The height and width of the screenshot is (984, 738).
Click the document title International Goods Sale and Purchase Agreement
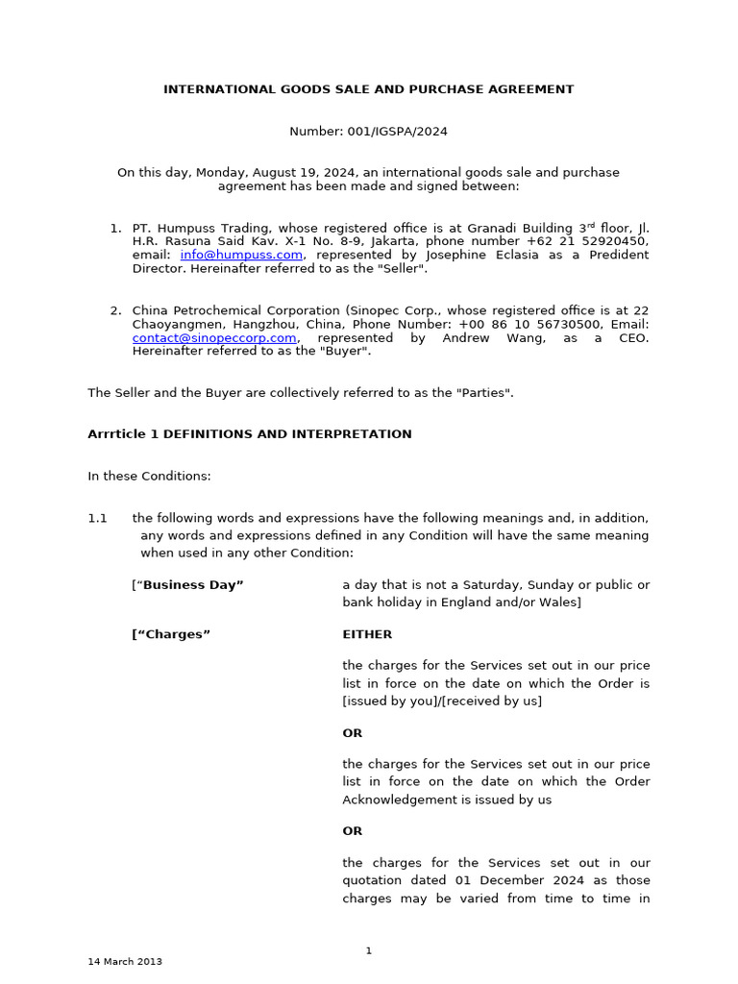coord(368,89)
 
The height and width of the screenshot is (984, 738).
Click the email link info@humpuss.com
coord(241,255)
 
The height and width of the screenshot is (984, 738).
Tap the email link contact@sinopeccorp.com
coord(214,338)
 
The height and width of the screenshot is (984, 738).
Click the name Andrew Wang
coord(489,338)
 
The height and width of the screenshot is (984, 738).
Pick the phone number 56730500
coord(548,325)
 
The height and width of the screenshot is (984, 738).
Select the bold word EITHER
coord(367,634)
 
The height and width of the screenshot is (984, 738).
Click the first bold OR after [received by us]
coord(353,733)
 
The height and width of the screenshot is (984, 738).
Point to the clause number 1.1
coord(97,518)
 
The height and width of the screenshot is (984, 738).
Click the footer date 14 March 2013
coord(125,961)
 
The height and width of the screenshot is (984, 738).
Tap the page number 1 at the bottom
coord(368,950)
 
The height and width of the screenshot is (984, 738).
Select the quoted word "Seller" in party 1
coord(403,268)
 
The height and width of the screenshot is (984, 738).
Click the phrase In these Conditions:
coord(149,477)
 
